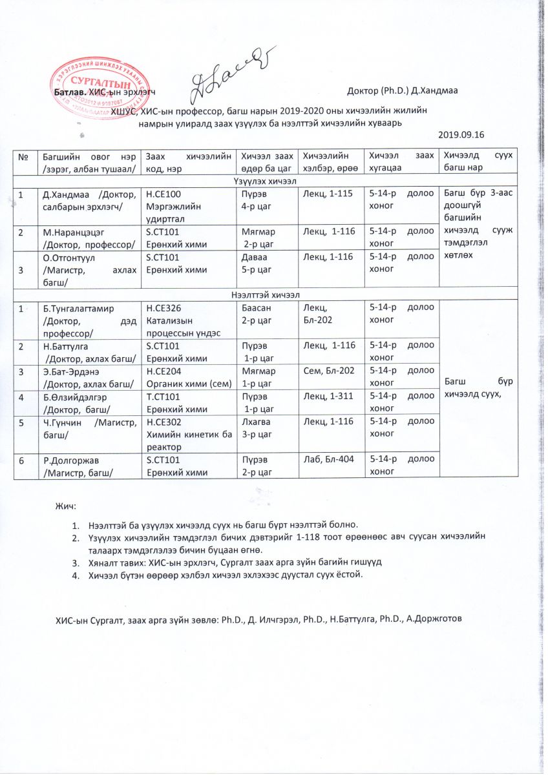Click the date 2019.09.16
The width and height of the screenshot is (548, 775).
(x=461, y=134)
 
